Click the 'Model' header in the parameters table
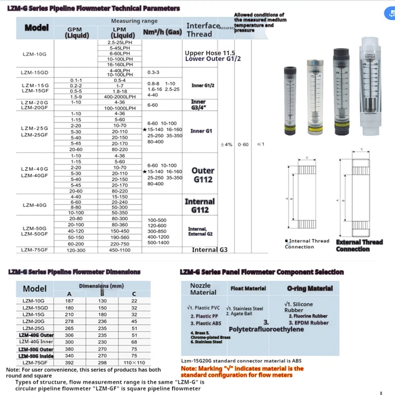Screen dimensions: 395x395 36,28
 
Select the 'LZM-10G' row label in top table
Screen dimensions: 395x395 34,54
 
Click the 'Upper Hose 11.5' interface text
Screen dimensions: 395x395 209,52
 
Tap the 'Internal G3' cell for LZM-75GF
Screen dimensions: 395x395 209,250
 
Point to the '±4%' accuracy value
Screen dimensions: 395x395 226,145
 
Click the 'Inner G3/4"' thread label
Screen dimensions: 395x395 198,104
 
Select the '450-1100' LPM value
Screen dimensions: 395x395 119,250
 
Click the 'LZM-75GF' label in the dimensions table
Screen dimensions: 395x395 34,362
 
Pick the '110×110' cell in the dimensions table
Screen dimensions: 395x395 134,362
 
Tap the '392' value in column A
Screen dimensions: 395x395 69,362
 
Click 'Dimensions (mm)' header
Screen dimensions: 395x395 101,285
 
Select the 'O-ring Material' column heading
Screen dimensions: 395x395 310,288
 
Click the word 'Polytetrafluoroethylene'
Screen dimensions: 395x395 266,329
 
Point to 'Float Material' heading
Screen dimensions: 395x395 248,288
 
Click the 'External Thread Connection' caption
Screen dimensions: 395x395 359,245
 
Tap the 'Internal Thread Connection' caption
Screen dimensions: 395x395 307,244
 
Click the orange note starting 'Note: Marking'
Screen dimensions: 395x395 242,372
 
